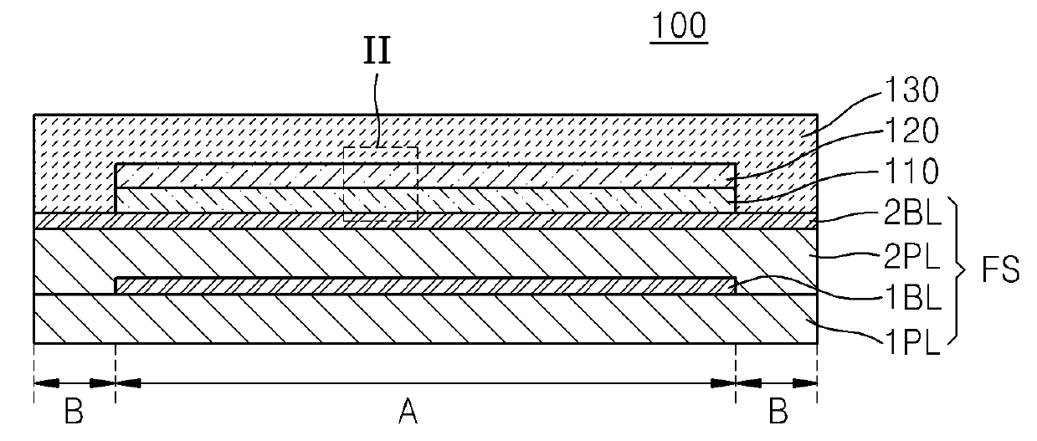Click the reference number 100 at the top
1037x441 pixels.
pyautogui.click(x=681, y=27)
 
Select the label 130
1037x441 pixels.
pyautogui.click(x=915, y=89)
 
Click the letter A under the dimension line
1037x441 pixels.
pyautogui.click(x=408, y=411)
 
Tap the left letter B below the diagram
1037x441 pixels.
pyautogui.click(x=74, y=411)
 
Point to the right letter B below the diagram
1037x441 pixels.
pyautogui.click(x=778, y=411)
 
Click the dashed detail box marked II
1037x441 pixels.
pyautogui.click(x=381, y=184)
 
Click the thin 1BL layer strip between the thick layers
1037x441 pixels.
pyautogui.click(x=424, y=286)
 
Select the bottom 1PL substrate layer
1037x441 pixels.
pyautogui.click(x=424, y=319)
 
